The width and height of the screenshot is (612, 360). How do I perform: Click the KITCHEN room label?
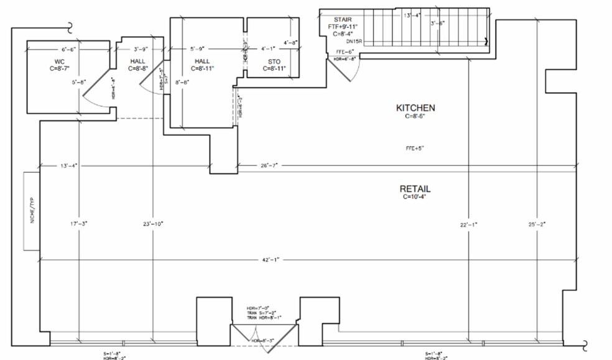pos(415,108)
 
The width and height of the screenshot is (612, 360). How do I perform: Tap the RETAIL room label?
pos(415,188)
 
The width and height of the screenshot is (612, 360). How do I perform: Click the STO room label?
pos(274,62)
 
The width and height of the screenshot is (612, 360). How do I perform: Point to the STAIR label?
pos(343,20)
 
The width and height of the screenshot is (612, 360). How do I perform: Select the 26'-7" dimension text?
pos(269,165)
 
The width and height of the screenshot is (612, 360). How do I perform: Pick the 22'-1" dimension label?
pos(468,224)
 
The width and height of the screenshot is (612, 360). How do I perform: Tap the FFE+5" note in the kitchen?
pos(415,148)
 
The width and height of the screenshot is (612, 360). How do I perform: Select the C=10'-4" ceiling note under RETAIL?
pos(415,196)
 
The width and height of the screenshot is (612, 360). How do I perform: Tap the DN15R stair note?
pos(355,41)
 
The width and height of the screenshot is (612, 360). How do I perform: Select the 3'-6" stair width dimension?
pos(438,23)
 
